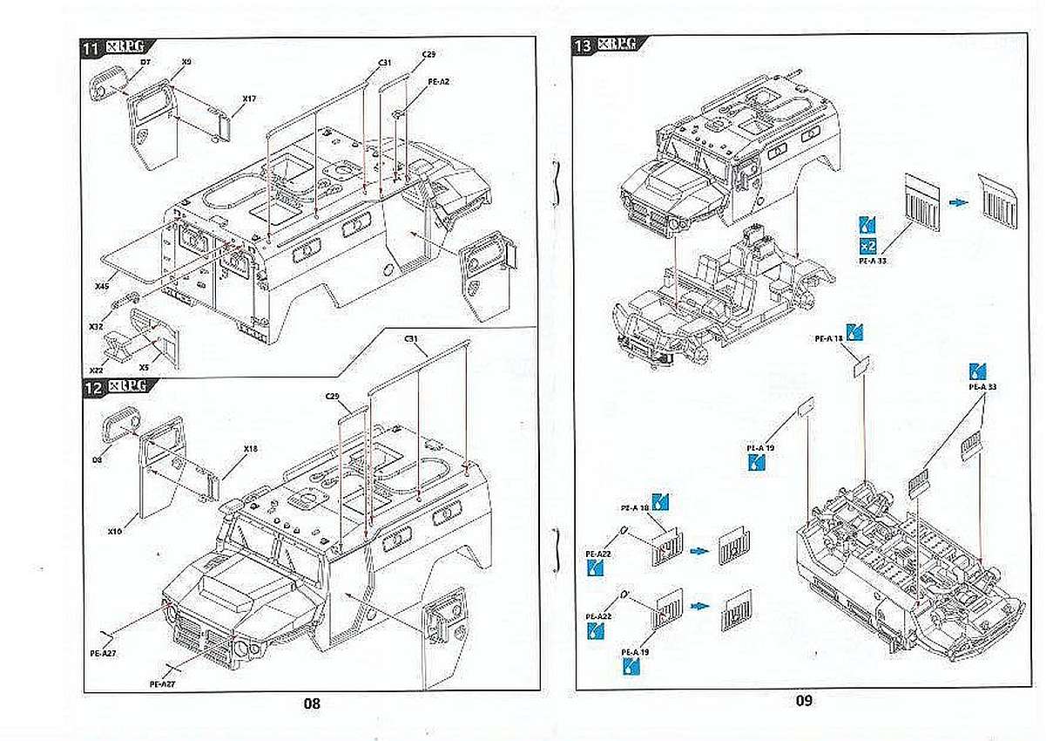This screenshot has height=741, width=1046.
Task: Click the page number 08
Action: point(312,704)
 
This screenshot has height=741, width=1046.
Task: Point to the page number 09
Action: point(802,700)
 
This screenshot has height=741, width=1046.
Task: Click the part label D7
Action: point(145,63)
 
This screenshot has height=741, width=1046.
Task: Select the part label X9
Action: point(186,62)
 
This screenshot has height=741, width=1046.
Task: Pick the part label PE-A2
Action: point(438,82)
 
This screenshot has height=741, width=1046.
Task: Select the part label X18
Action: point(251,448)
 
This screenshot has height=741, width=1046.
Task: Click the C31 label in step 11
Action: point(385,63)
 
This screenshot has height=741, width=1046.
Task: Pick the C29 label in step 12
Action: point(332,397)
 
